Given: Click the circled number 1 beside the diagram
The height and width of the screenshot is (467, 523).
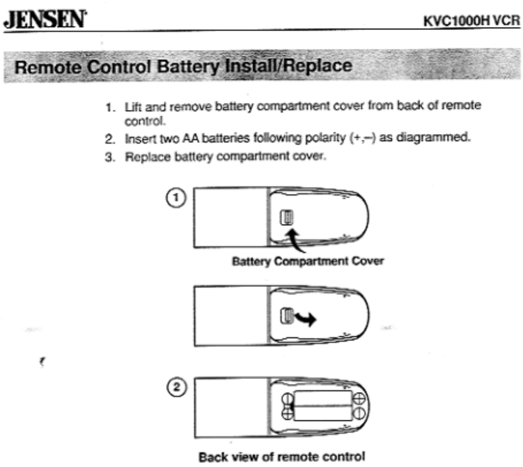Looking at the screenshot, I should (x=178, y=197).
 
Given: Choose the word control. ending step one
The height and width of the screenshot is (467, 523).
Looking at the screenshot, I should (x=137, y=121).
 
